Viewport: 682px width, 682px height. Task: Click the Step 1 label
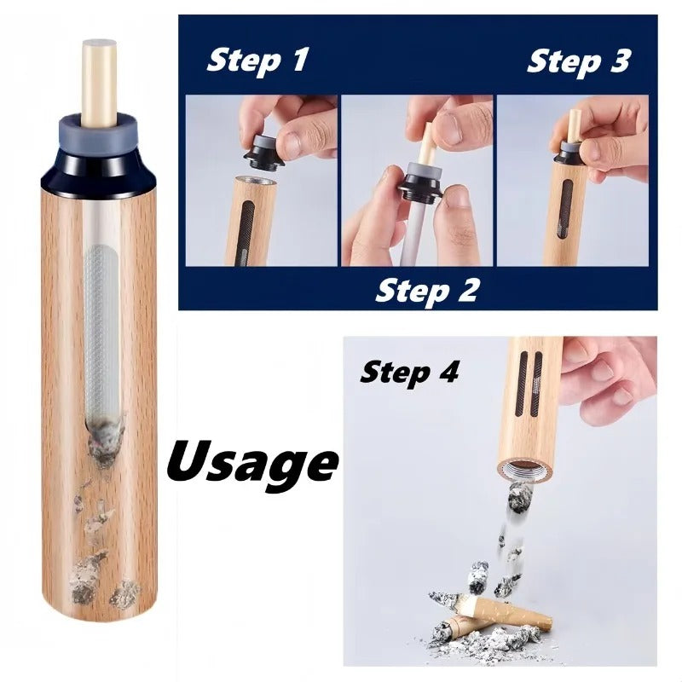tap(257, 61)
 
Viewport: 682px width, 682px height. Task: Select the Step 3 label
tap(578, 61)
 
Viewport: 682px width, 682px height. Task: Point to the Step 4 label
tap(409, 372)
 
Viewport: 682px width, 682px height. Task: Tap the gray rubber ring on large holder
tap(99, 134)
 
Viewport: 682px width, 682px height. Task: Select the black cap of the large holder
tap(99, 160)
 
